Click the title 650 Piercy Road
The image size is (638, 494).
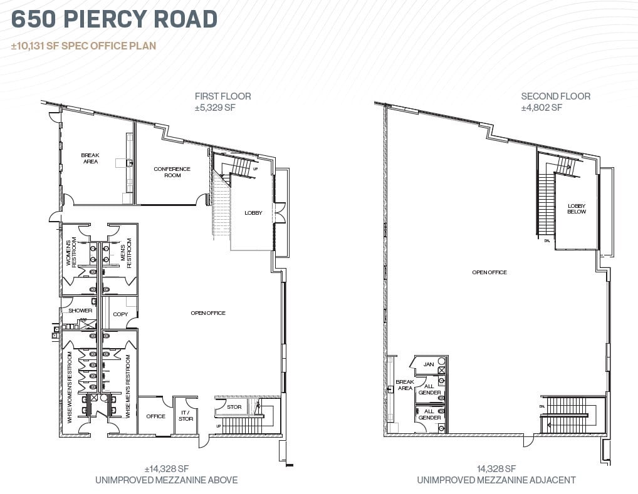point(115,19)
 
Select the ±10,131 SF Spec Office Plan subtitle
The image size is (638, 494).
point(84,46)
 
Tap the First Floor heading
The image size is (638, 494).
point(222,96)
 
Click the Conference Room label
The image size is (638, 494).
point(172,172)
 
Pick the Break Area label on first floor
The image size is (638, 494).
point(90,158)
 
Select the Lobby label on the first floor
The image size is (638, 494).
point(253,213)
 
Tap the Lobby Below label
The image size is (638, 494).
point(577,208)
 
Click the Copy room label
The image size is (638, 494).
point(120,314)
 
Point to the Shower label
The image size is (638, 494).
point(80,311)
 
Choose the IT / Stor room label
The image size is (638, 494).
point(186,416)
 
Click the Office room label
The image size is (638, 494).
point(155,416)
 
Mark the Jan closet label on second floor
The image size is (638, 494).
point(429,364)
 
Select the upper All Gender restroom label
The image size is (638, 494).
point(429,389)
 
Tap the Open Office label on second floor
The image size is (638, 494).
point(489,272)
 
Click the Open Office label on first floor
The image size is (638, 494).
point(208,313)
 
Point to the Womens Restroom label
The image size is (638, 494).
point(71,252)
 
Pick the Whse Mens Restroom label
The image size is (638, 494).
point(128,386)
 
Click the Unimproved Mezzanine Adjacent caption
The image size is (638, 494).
point(496,480)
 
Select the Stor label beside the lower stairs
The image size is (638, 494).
point(234,407)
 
